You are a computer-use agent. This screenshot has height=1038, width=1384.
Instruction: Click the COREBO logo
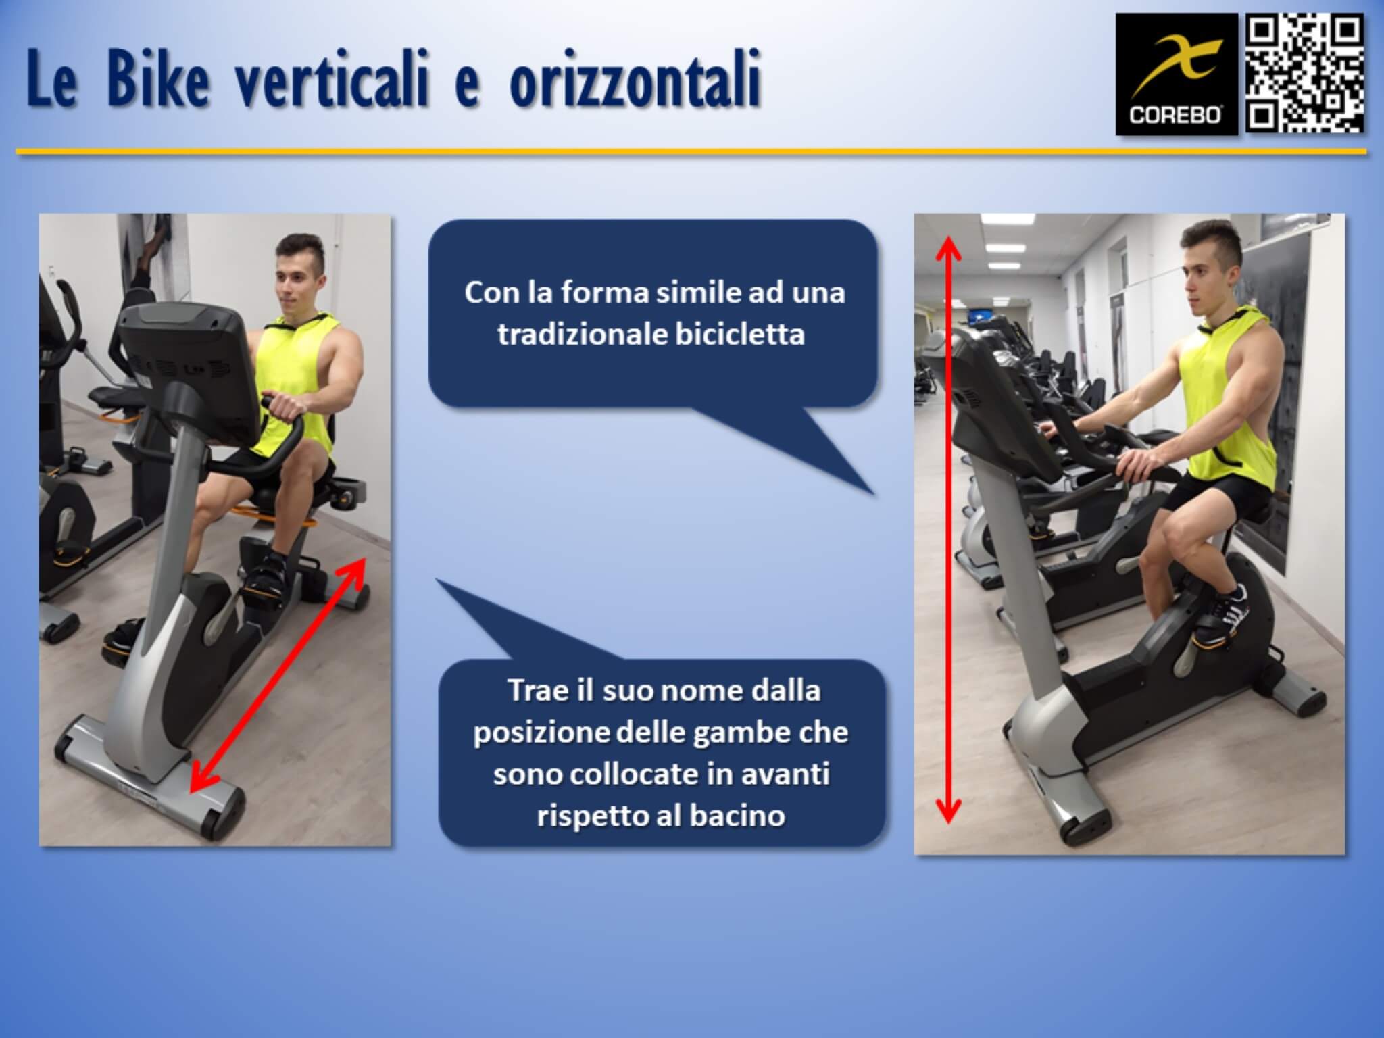pyautogui.click(x=1176, y=74)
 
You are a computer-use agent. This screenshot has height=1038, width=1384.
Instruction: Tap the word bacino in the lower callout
pyautogui.click(x=737, y=816)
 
